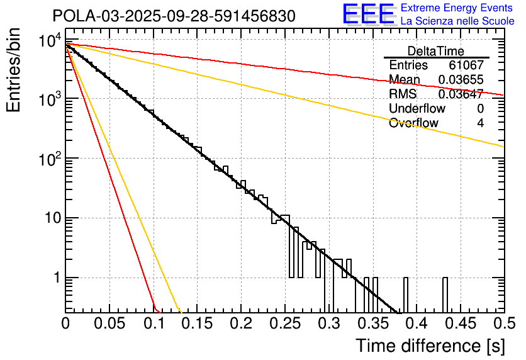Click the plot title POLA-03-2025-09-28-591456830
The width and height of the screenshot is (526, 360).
coord(174,16)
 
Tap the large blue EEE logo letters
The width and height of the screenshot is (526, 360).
coord(367,14)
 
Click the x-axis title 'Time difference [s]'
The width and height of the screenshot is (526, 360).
coord(430,346)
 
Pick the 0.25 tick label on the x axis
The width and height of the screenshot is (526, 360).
coord(284,323)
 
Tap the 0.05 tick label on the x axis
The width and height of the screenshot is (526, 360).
coord(109,323)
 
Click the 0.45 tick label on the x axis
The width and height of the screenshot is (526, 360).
coord(459,323)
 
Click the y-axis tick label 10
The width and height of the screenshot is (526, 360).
coord(50,218)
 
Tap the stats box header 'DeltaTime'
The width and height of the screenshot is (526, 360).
coord(436,51)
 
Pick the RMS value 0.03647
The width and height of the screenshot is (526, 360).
coord(461,94)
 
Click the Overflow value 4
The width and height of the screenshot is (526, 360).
coord(480,123)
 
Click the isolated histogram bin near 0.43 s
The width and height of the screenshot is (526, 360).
coord(445,294)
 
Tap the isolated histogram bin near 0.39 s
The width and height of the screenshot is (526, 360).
coord(406,294)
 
